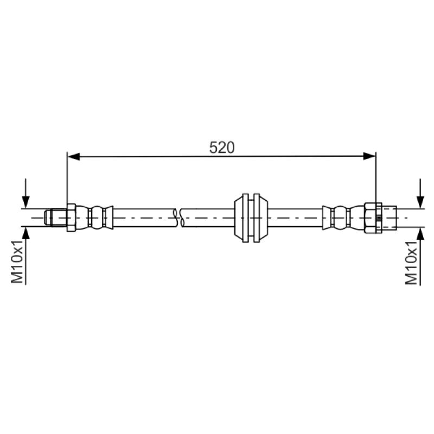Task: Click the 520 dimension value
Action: (222, 147)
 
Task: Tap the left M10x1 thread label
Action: (17, 262)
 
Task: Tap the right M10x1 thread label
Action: (411, 263)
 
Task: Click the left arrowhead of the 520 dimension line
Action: (74, 157)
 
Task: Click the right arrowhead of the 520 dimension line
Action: (369, 156)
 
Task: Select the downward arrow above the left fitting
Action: (25, 193)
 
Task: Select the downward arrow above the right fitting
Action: (420, 193)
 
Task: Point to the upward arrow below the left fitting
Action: (25, 256)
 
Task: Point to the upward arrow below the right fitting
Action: (420, 256)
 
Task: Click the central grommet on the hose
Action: (251, 218)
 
